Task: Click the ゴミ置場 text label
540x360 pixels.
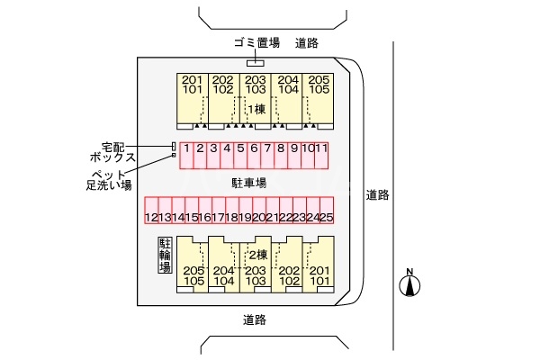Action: (256, 42)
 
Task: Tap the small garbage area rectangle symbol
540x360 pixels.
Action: (256, 62)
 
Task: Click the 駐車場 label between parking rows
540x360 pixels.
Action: (249, 183)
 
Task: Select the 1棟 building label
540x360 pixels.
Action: (256, 109)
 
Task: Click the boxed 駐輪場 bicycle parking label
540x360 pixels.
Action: (165, 259)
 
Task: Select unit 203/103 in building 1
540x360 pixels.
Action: (255, 85)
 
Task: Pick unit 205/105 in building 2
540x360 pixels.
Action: (193, 275)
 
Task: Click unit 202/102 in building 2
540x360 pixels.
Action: (288, 275)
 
